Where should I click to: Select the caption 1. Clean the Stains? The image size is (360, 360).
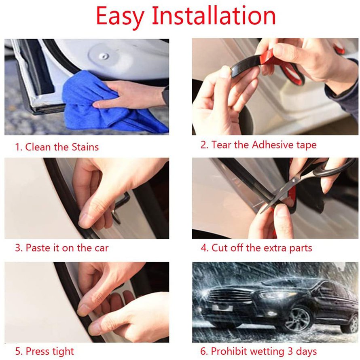(x=57, y=147)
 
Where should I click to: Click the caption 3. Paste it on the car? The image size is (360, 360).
(x=62, y=248)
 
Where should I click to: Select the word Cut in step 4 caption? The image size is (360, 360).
(x=219, y=248)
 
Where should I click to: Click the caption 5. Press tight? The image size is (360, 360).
(x=45, y=351)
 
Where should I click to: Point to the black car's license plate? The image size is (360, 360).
(x=222, y=309)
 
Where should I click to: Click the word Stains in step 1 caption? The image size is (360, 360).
(x=85, y=147)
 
